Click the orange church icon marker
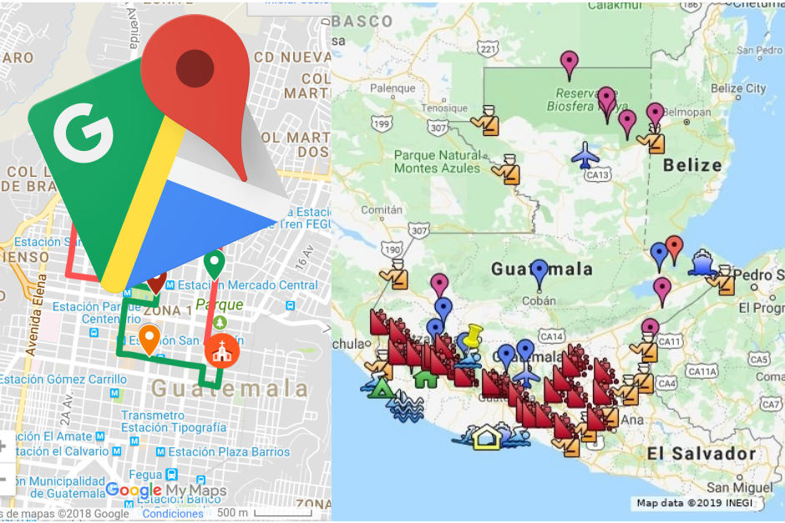[x=222, y=351]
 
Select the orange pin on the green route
[x=149, y=338]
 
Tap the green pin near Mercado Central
[x=215, y=264]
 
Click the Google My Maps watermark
[x=166, y=490]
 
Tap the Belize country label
[x=691, y=165]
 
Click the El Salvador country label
[x=701, y=454]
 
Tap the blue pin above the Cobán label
[x=539, y=272]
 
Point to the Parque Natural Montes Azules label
[x=438, y=161]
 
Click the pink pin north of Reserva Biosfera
[x=570, y=63]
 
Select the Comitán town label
[x=380, y=210]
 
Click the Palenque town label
[x=392, y=88]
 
